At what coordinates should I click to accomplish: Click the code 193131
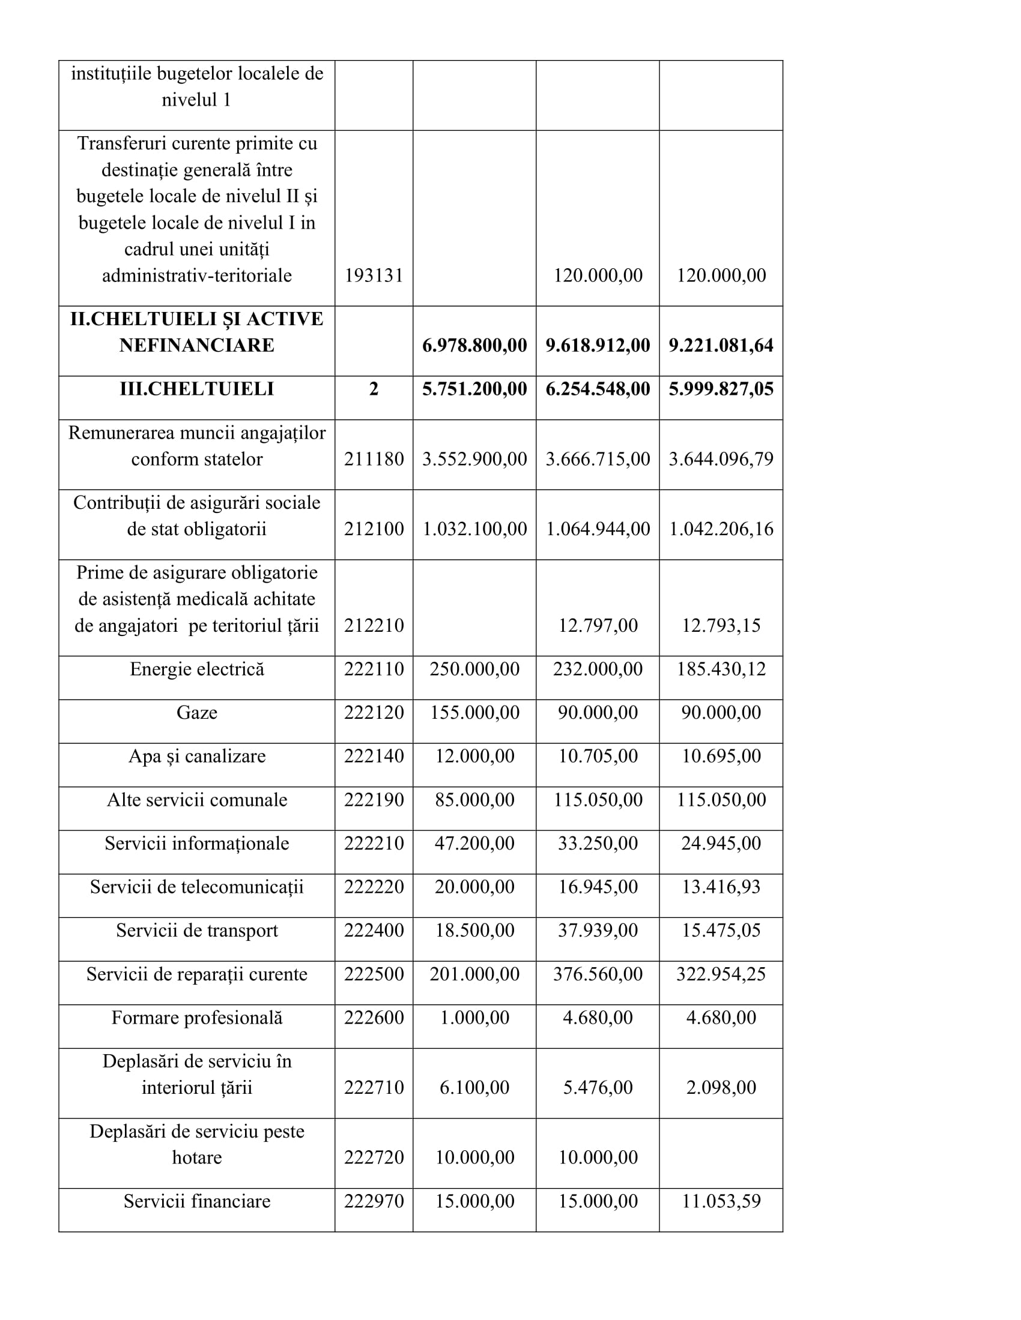pos(373,275)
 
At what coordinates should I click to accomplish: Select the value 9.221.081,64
pos(720,345)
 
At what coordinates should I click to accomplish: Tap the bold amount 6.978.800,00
pos(474,345)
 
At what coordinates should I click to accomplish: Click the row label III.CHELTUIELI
pos(196,389)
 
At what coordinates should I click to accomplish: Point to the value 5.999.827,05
pos(720,389)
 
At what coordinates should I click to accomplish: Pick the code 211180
pos(373,459)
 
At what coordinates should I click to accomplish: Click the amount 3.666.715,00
pos(598,459)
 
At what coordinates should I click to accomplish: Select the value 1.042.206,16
pos(720,529)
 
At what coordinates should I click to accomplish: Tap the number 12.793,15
pos(720,625)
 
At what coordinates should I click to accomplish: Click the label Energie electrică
pos(196,669)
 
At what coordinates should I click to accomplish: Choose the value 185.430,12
pos(720,669)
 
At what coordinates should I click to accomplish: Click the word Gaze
pos(196,713)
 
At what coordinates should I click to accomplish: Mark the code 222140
pos(373,756)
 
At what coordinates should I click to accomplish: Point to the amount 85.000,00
pos(474,800)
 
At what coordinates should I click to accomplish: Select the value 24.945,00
pos(720,843)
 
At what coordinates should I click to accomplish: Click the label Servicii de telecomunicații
pos(196,887)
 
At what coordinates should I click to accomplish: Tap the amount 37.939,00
pos(598,930)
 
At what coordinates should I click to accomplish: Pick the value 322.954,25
pos(720,974)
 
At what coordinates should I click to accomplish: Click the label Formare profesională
pos(196,1017)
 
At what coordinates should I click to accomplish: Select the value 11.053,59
pos(720,1201)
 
